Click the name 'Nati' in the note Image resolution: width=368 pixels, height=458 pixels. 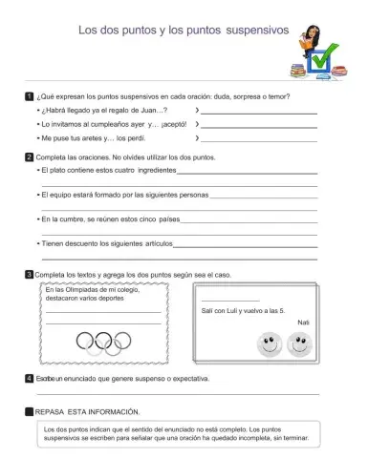(x=304, y=323)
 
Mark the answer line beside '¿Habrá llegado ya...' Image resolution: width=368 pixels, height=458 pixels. (x=256, y=113)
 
